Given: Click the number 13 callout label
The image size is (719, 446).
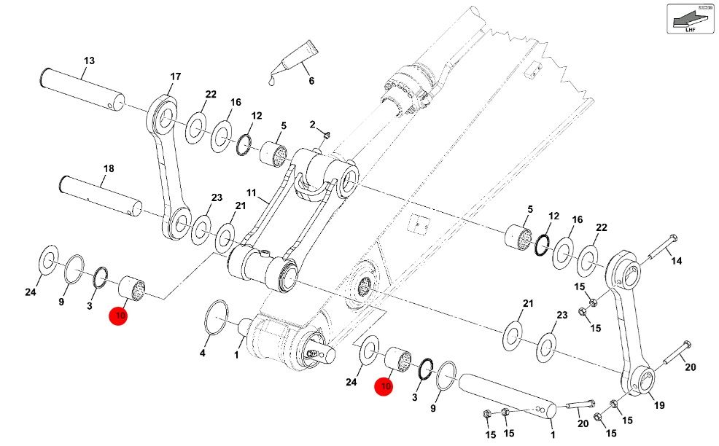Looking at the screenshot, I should tap(89, 60).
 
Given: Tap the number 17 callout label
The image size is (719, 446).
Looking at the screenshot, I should tap(175, 77).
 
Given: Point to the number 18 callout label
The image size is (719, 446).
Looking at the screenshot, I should tap(108, 169).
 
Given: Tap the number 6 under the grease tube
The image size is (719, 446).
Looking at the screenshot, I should tap(311, 80).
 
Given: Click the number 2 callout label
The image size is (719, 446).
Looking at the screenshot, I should tap(312, 125).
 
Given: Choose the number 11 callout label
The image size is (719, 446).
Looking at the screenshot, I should tap(251, 194).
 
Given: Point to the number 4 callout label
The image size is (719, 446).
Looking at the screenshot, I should tap(203, 353).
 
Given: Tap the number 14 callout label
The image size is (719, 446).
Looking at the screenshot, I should tap(676, 260).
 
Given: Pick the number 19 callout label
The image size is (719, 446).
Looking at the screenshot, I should tap(660, 405).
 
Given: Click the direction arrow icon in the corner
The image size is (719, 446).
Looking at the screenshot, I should tap(688, 17).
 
